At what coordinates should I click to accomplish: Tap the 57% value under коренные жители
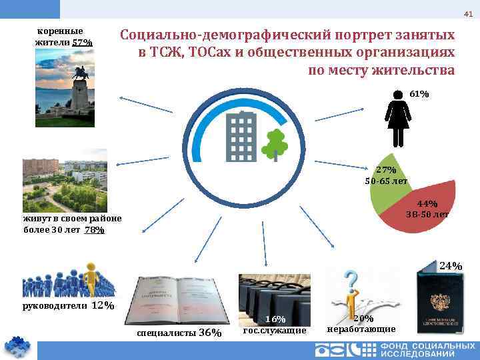pos(83,43)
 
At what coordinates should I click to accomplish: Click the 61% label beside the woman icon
pos(419,95)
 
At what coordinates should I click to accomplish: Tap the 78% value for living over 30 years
pos(95,230)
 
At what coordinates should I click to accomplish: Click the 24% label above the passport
pos(451,266)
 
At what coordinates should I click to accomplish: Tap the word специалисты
pos(167,333)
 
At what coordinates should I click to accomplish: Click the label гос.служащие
pos(275,331)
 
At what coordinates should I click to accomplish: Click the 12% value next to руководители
pos(103,305)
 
